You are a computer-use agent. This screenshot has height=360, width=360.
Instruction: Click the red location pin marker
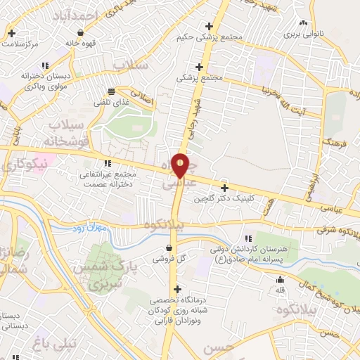click(181, 166)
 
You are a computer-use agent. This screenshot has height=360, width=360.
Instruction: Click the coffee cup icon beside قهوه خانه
click(81, 32)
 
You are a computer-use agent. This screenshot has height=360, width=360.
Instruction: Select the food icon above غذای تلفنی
click(111, 91)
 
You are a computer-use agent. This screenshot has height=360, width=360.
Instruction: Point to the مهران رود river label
click(88, 229)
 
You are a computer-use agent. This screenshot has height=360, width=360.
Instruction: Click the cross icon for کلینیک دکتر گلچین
click(224, 188)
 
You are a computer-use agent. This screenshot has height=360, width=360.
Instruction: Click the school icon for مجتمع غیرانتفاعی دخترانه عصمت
click(108, 163)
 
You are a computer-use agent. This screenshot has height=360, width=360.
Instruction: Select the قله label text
click(280, 289)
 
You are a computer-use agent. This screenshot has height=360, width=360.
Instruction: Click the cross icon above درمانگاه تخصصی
click(177, 289)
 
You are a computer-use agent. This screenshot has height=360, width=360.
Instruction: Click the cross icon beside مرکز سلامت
click(12, 33)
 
